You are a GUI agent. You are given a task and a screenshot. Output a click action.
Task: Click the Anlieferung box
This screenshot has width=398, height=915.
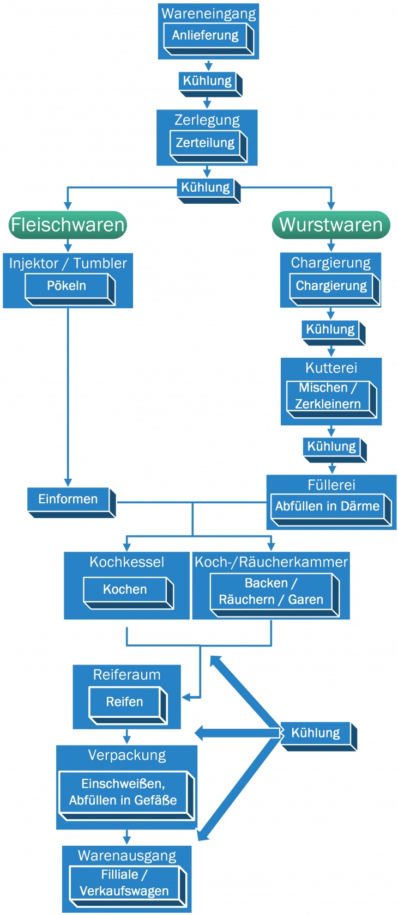point(206,36)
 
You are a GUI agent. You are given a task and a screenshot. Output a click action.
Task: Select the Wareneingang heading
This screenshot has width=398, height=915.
point(208,14)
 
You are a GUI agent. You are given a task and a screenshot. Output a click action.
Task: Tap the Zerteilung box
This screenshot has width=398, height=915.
point(206,143)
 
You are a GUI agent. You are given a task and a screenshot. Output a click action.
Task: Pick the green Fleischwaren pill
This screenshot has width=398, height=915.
point(68,224)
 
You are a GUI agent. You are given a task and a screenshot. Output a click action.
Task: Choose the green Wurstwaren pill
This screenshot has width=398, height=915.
point(331,224)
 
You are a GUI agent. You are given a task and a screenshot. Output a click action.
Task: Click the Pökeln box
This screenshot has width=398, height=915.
point(67,286)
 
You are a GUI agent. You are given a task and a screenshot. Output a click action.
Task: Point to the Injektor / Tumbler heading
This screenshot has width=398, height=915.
point(68,264)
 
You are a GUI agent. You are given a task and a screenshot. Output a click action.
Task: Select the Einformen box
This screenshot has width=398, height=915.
point(69,499)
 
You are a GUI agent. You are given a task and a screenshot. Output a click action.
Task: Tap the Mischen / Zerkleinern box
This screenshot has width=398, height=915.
point(328,396)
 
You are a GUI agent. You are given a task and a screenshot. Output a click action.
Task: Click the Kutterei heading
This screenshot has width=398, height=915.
point(331,368)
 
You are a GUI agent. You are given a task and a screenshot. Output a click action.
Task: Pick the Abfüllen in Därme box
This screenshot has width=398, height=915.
point(328,507)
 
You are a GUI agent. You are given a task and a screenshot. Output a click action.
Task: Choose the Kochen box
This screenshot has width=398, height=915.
point(125,590)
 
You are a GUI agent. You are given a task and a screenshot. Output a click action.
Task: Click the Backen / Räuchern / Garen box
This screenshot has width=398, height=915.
point(272,592)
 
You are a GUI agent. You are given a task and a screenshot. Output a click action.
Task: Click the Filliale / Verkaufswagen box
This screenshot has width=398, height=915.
point(125,883)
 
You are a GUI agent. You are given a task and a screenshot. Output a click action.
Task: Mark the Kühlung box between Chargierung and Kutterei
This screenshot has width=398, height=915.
point(331,330)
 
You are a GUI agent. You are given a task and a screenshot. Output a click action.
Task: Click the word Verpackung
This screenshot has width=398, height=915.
point(127,755)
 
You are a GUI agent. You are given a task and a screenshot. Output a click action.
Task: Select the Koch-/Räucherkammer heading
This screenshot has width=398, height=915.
point(271,562)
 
